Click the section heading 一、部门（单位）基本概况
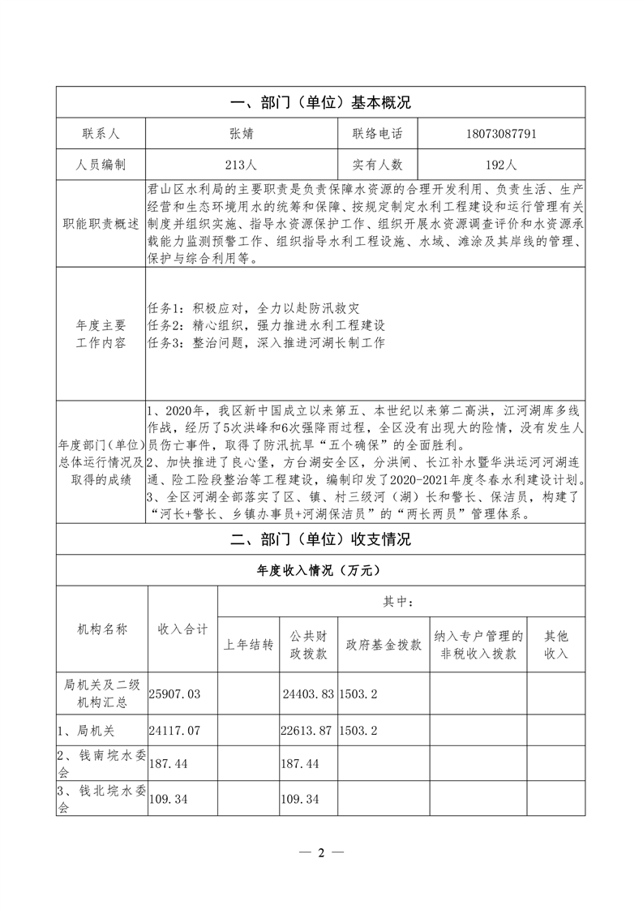(321, 103)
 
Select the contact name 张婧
(240, 134)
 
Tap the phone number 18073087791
(503, 134)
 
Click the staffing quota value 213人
(240, 165)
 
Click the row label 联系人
(101, 134)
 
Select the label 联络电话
(377, 134)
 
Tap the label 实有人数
(377, 165)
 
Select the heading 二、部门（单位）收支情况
(321, 539)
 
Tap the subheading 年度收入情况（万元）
(321, 570)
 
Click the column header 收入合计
(182, 629)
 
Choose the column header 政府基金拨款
(384, 645)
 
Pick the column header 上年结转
(248, 645)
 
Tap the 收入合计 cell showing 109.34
(169, 800)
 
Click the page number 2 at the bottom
(321, 852)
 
